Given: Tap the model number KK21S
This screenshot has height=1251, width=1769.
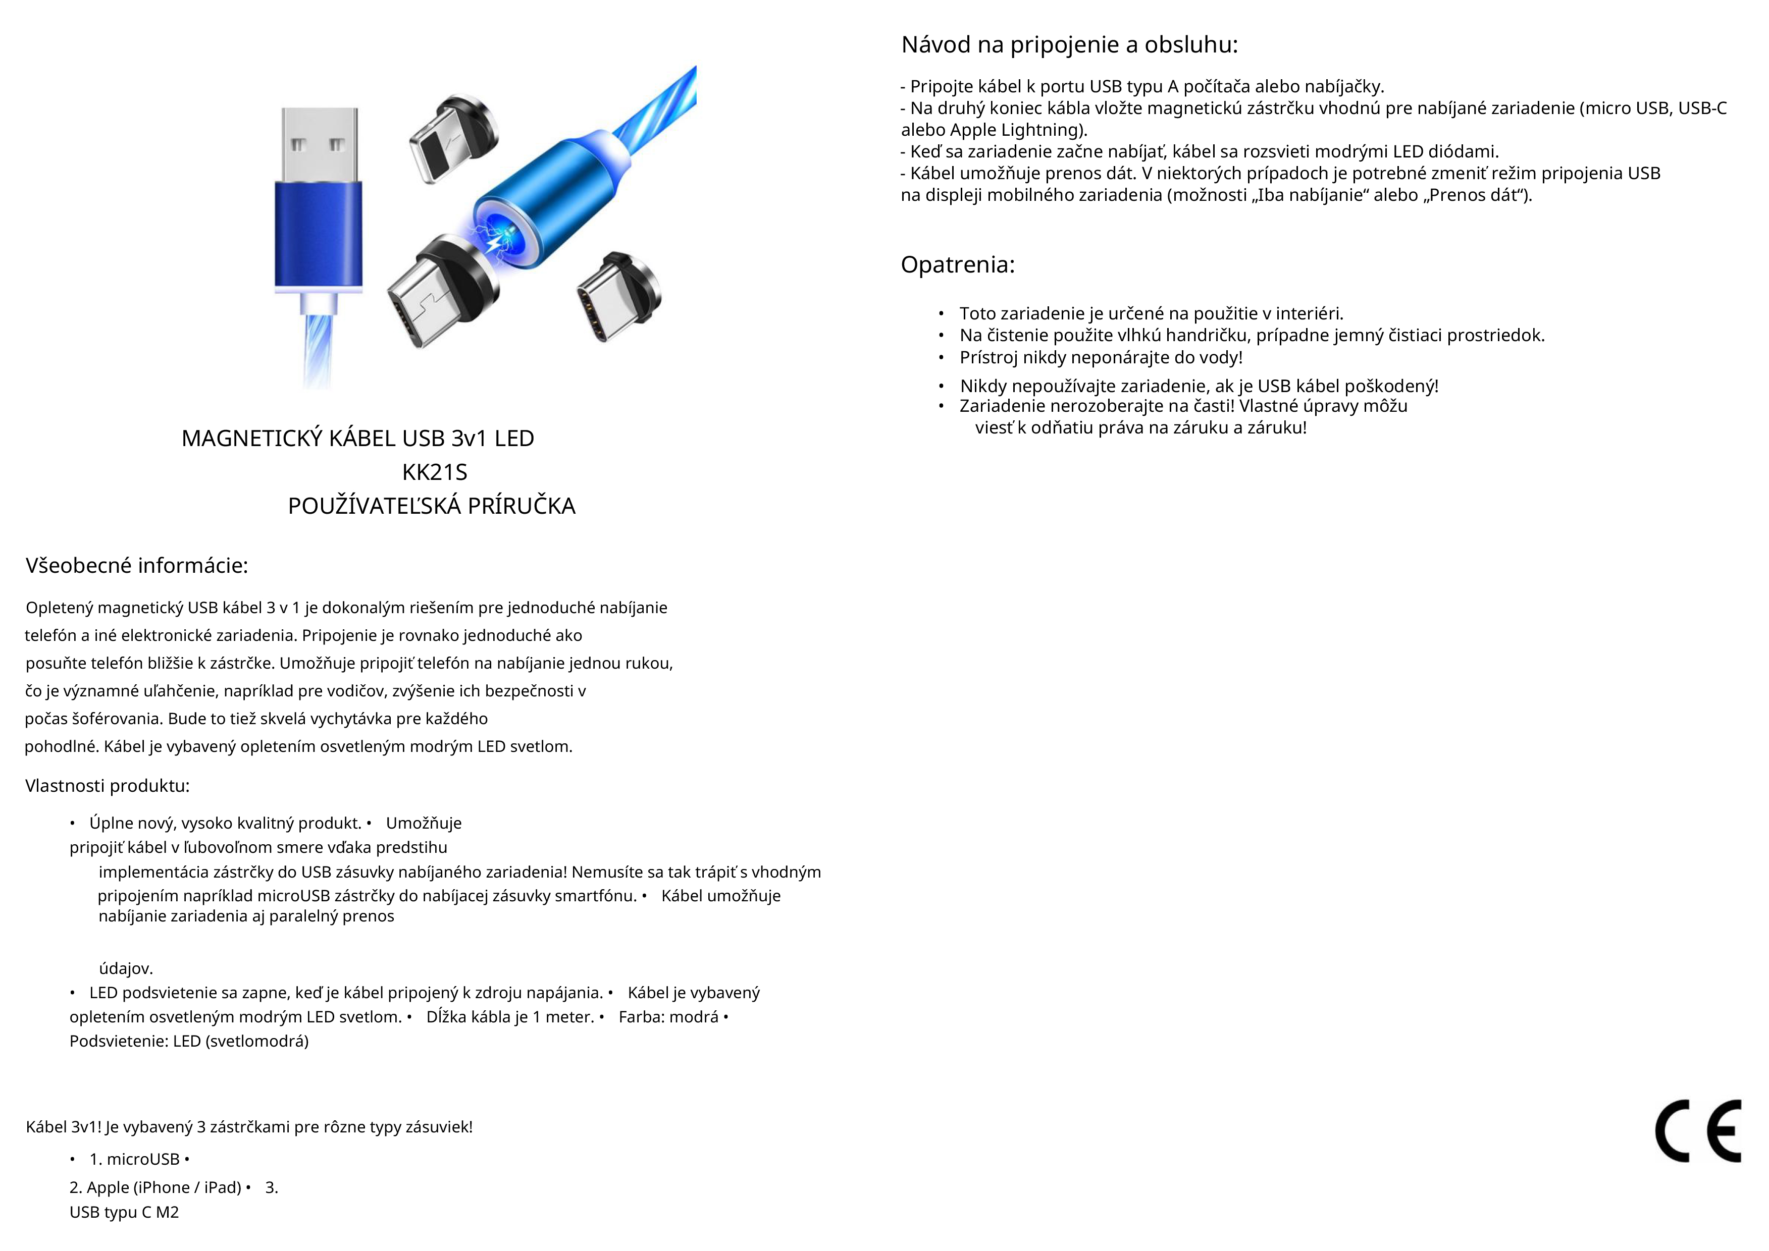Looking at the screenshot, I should click(435, 472).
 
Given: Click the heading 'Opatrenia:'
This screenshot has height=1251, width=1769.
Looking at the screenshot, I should click(958, 265).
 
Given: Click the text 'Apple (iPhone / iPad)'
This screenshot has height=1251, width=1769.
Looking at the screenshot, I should click(164, 1188).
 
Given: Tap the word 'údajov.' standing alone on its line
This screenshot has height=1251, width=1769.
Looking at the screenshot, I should click(126, 968).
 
